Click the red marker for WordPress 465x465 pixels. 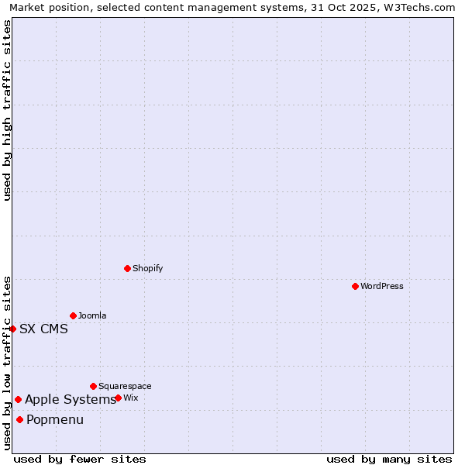355,286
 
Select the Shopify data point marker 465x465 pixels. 127,268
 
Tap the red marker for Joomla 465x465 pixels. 73,315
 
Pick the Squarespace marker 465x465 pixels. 93,386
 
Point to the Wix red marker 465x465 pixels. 118,398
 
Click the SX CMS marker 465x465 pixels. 13,329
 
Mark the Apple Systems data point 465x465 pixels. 18,399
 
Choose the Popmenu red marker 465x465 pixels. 19,419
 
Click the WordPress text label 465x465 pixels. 382,286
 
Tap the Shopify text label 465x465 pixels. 147,268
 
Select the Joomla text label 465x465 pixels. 92,315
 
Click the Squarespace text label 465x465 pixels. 125,386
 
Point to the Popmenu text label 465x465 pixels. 55,419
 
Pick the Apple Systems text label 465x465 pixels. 71,399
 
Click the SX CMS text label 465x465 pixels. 43,329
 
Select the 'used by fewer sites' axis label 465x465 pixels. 80,459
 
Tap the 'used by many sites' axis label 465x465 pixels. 389,459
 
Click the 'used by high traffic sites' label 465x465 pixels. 7,110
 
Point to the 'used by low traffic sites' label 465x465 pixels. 7,363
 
